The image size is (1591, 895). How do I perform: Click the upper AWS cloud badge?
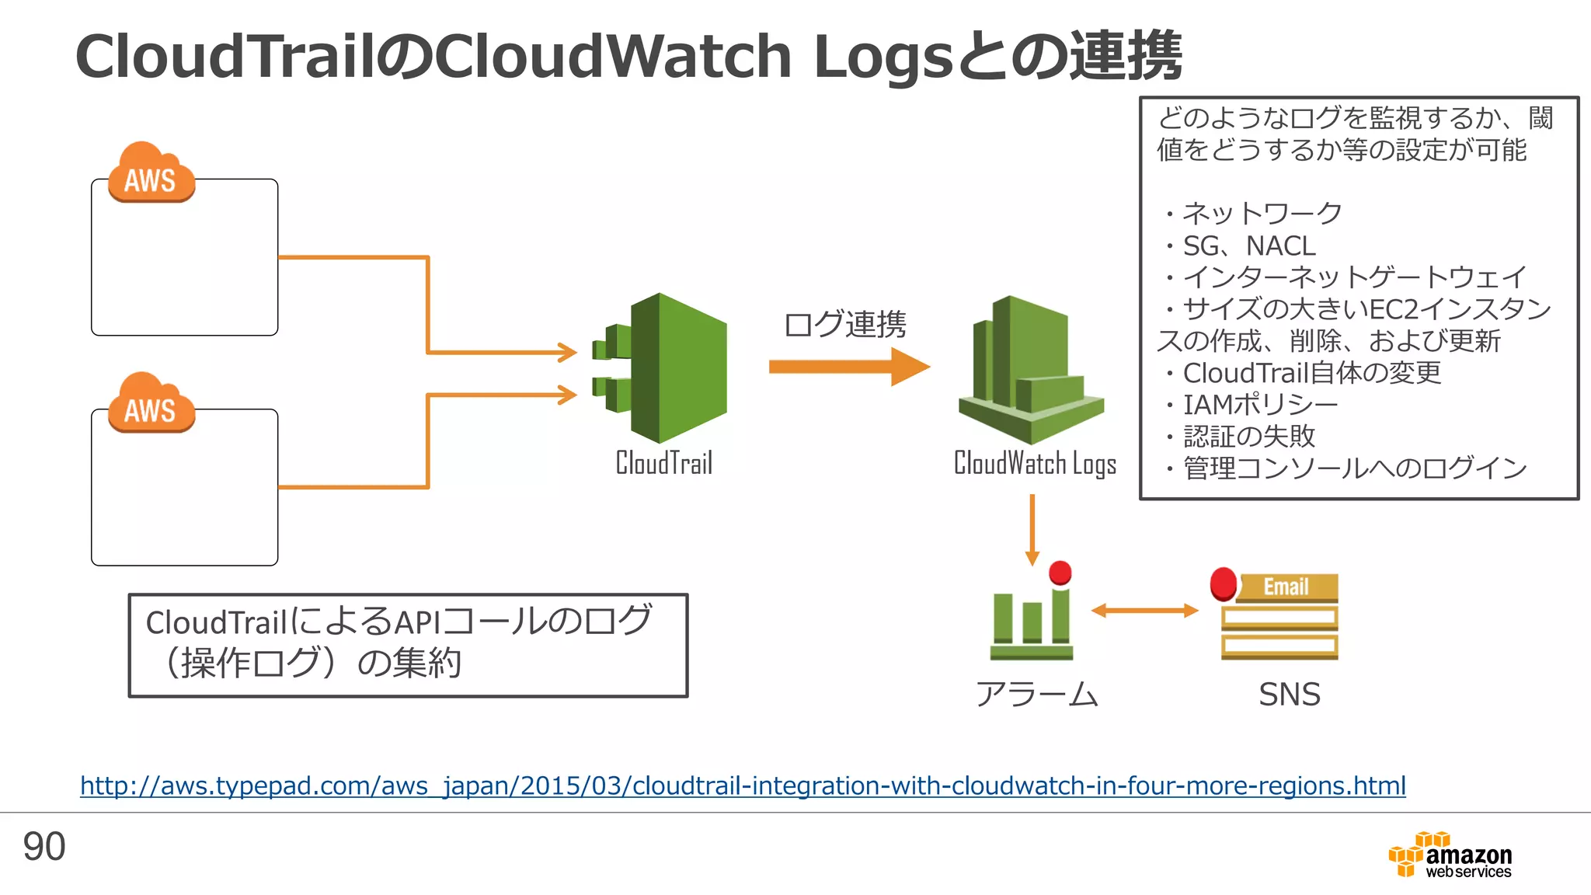[151, 174]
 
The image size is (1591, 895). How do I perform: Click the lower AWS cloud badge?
[151, 404]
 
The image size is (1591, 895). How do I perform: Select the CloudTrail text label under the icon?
[664, 463]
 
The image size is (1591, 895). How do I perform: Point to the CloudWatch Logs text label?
[1035, 464]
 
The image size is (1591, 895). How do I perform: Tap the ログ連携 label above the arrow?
[844, 325]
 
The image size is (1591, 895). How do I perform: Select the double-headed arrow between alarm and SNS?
[1144, 611]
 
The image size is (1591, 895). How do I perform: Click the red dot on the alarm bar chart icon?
[1060, 573]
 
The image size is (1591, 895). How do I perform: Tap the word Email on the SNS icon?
[1286, 587]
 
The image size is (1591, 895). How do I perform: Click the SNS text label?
[1289, 695]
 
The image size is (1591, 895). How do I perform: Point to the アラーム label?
[1036, 695]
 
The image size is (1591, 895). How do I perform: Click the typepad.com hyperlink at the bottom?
[743, 786]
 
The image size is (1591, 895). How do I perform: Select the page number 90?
[44, 847]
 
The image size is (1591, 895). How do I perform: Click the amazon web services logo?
[1450, 855]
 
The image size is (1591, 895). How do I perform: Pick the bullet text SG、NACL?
[1248, 246]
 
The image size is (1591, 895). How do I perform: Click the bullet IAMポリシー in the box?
[1259, 405]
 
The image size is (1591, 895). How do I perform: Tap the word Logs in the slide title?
[883, 57]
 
